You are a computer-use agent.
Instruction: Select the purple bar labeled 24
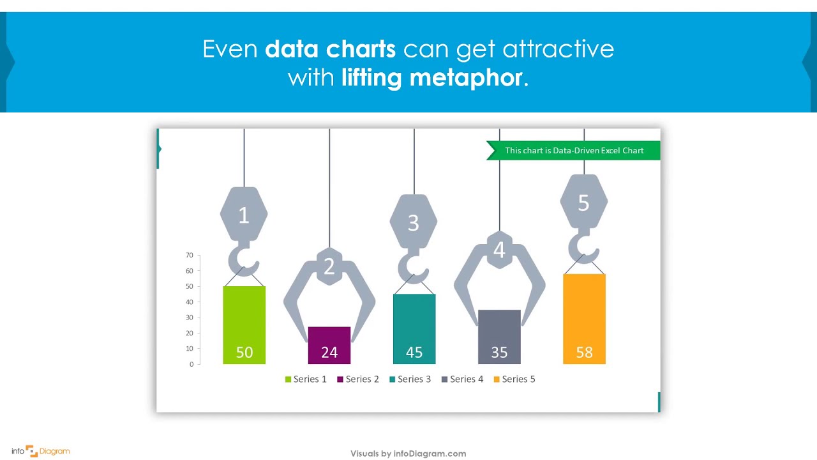tap(329, 345)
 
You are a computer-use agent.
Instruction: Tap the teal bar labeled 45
tap(414, 328)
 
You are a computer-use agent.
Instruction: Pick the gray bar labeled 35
tap(499, 337)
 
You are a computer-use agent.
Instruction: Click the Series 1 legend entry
tap(306, 379)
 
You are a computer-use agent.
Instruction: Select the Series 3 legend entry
tap(410, 379)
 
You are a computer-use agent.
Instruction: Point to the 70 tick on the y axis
tap(190, 256)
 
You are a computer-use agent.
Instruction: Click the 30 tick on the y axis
tap(190, 318)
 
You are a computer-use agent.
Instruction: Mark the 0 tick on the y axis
tap(191, 364)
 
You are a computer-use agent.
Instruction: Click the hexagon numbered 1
tap(244, 215)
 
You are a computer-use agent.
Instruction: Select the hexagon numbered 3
tap(414, 222)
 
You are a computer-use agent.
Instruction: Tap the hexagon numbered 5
tap(583, 203)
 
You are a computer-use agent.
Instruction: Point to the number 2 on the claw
tap(329, 266)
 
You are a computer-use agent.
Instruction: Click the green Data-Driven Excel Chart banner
tap(574, 151)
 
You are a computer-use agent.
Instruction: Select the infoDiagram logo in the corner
tap(41, 451)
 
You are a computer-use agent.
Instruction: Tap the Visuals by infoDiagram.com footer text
tap(408, 454)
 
